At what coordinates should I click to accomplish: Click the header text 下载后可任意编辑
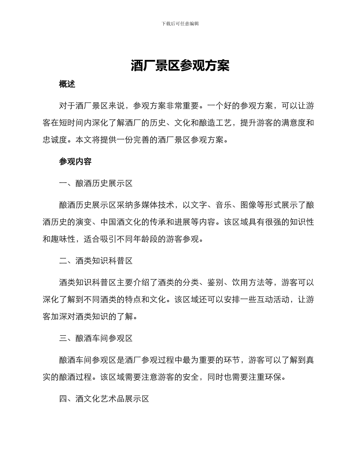tap(180, 23)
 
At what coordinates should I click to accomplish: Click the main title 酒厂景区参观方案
tap(180, 66)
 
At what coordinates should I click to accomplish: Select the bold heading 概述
tap(67, 84)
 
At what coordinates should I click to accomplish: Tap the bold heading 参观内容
tap(75, 162)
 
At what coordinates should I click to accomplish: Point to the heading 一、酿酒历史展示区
tap(96, 184)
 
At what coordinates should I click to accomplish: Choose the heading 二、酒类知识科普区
tap(96, 261)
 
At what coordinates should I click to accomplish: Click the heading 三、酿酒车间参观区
tap(96, 338)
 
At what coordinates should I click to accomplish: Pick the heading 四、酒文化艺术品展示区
tap(104, 399)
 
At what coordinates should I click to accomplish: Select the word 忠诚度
tap(55, 140)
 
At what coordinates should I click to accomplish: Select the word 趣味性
tap(63, 239)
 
